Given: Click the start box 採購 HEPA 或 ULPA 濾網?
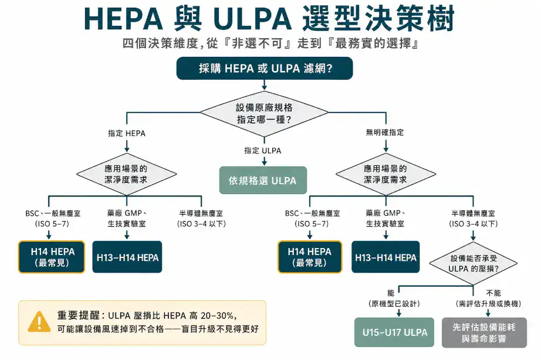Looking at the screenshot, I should (265, 69).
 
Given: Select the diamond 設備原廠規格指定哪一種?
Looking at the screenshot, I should (264, 113).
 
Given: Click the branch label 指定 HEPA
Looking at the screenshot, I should (127, 133).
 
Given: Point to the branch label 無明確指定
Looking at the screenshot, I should (384, 133).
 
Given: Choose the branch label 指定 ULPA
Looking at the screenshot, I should (263, 151).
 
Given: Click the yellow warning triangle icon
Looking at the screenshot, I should (39, 321).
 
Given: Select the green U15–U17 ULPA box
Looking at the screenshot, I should (391, 333).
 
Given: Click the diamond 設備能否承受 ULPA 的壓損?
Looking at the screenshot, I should (475, 263).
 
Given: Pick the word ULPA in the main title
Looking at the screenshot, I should (252, 20).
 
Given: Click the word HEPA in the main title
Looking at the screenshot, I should (120, 20).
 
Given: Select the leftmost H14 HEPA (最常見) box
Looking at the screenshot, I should (52, 257).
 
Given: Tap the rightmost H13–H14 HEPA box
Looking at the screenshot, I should (386, 257).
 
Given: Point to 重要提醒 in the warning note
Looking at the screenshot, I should (79, 315).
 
